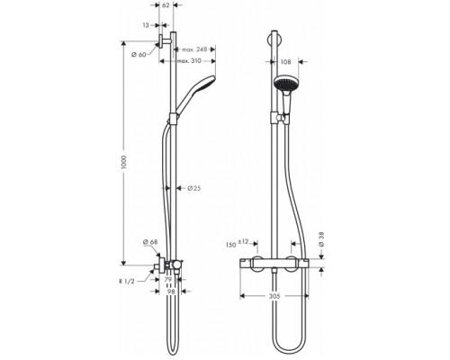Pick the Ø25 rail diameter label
[193, 188]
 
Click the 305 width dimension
[279, 292]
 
